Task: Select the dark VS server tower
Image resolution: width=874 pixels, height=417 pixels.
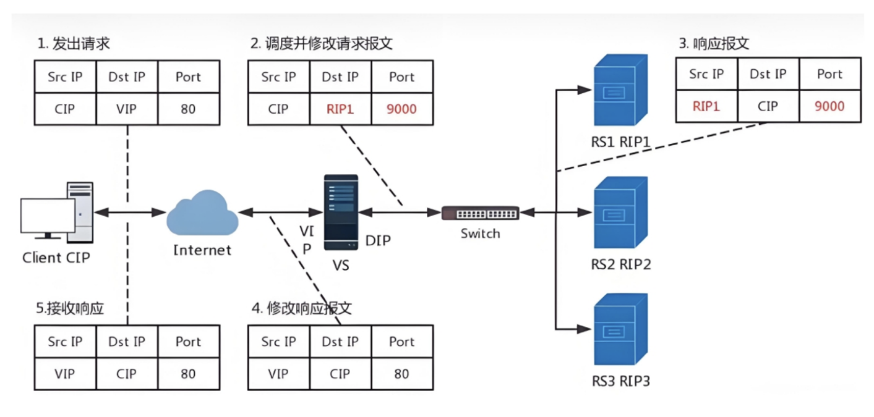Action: point(341,213)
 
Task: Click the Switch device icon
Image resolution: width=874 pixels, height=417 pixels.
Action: point(481,213)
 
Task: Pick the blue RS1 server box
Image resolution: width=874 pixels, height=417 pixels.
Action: point(620,90)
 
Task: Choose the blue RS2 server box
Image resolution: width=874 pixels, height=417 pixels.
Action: point(620,213)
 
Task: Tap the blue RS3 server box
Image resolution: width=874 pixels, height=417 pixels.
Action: point(620,329)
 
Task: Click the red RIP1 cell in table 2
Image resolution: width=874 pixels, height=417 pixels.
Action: point(340,109)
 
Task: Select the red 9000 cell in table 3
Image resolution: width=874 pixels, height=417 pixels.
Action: point(829,106)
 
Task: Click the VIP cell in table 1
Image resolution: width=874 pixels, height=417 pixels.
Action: point(126,109)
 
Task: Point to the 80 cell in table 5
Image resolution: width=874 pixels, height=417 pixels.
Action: point(188,374)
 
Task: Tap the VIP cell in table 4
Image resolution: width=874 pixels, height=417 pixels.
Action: point(278,374)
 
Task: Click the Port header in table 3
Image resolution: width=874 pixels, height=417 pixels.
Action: point(829,74)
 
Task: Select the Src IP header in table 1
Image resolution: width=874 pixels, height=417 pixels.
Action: point(65,77)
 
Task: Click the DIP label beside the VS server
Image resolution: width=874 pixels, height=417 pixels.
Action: point(378,241)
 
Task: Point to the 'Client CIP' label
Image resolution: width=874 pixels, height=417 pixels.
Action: point(56,258)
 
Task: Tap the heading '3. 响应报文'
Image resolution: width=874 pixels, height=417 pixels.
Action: point(714,44)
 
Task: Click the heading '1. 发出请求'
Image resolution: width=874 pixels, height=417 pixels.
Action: point(74,44)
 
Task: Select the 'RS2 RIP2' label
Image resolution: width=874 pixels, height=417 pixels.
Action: point(621,264)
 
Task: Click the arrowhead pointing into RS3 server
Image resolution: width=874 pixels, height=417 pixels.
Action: point(584,329)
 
